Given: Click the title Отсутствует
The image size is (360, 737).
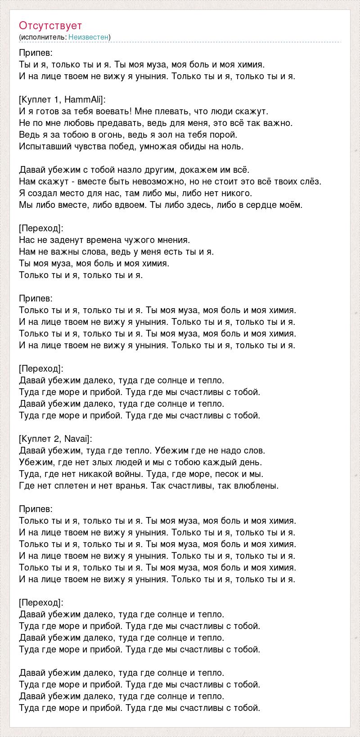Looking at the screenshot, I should point(50,25).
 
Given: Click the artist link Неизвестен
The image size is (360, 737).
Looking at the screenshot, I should point(89,37).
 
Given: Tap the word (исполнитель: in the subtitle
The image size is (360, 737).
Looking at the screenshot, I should point(43,37).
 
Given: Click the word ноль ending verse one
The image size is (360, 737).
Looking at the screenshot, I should point(233,146).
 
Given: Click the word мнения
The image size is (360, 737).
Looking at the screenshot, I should point(173,240).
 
